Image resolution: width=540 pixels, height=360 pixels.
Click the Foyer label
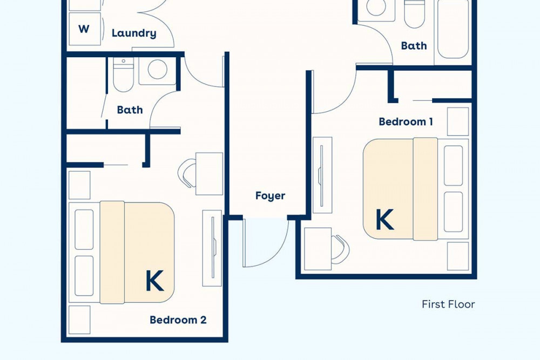[271, 196]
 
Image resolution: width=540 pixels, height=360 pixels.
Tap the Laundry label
[134, 33]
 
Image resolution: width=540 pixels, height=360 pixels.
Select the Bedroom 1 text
[406, 121]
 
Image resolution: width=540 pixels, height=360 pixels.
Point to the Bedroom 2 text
[178, 320]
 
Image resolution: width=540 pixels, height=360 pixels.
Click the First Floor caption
[448, 304]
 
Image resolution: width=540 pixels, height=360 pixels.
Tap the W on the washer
[84, 29]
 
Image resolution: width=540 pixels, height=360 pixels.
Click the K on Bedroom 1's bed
[384, 220]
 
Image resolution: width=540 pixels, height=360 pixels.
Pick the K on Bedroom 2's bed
[154, 281]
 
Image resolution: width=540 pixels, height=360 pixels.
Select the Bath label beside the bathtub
[414, 45]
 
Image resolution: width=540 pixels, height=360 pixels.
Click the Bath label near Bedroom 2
[130, 110]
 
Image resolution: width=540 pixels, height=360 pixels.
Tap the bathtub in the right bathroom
[453, 29]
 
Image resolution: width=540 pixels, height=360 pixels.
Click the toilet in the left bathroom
[123, 74]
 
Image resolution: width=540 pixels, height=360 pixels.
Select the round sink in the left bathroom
[157, 69]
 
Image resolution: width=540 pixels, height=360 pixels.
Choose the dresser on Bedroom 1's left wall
[322, 175]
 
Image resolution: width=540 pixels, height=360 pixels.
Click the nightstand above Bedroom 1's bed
[458, 121]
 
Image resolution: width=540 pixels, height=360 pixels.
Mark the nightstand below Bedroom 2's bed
[79, 320]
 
